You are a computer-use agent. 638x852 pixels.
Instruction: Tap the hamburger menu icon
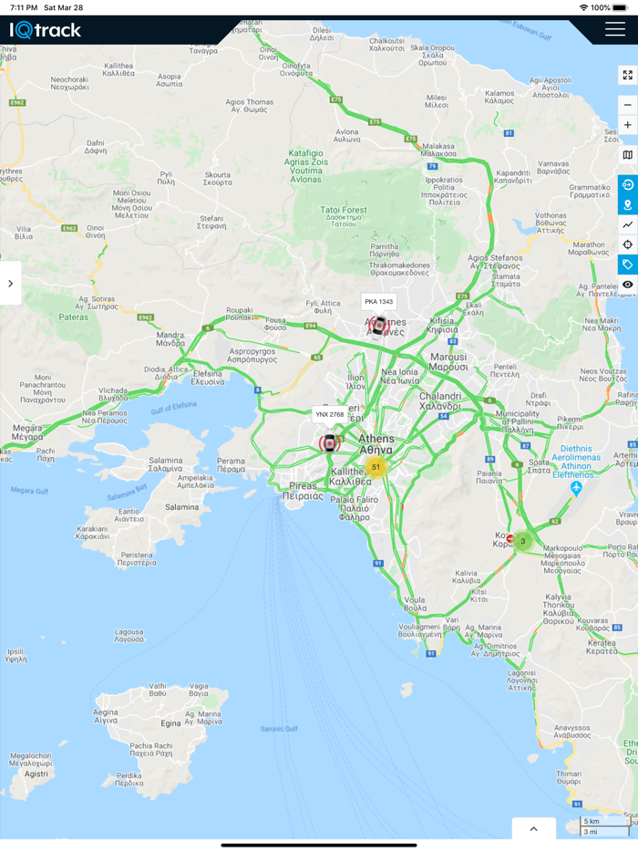click(614, 29)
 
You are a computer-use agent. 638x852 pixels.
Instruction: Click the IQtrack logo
click(46, 30)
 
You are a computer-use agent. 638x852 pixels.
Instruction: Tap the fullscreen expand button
click(627, 75)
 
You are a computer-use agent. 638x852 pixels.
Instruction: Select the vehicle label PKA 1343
click(378, 301)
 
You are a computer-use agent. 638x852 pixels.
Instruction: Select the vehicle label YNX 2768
click(330, 414)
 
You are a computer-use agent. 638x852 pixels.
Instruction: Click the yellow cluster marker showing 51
click(376, 467)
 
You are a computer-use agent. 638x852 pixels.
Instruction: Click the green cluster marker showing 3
click(522, 541)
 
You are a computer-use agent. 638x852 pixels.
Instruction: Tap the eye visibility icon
click(627, 285)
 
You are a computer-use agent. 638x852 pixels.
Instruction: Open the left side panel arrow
click(10, 284)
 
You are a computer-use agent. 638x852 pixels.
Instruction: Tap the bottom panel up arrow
click(534, 828)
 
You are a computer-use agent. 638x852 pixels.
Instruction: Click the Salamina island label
click(181, 506)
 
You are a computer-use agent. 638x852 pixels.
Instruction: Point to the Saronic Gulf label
click(279, 728)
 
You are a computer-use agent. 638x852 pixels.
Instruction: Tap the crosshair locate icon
click(627, 244)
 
